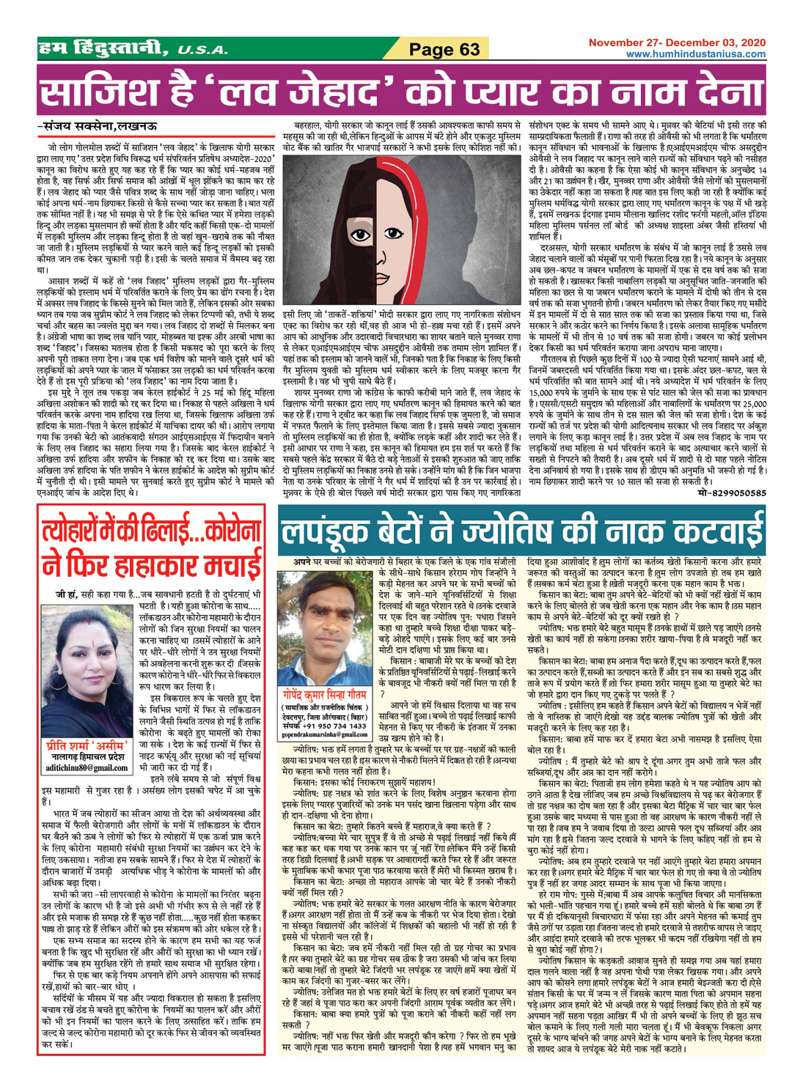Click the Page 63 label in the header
pos(444,50)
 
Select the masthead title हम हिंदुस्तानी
pos(103,50)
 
